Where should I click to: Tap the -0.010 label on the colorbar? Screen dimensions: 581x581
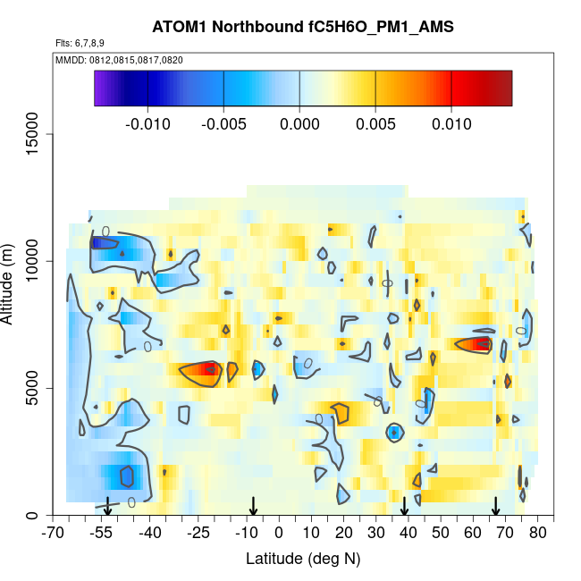[x=148, y=124]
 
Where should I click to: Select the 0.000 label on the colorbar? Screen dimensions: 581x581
[x=300, y=124]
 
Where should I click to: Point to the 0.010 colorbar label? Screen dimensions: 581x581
[x=451, y=124]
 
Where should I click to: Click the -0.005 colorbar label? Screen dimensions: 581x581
[x=223, y=124]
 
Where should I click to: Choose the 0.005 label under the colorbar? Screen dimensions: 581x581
[x=375, y=124]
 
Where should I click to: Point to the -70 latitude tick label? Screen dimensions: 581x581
[x=54, y=534]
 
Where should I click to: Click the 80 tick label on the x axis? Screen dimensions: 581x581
[x=537, y=534]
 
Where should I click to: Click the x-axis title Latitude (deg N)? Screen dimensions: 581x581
[x=303, y=559]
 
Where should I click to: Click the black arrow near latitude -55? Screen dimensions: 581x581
[x=107, y=507]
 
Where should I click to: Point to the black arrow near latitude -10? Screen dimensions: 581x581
[x=254, y=507]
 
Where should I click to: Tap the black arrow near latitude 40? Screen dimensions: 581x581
[x=404, y=507]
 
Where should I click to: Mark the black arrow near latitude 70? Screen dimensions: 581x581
[x=495, y=507]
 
